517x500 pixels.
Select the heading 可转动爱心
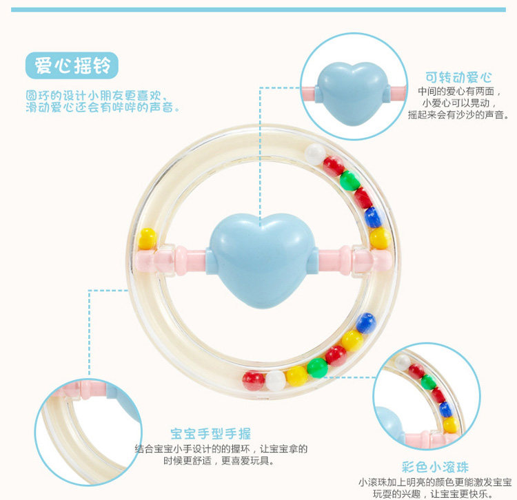[458, 77]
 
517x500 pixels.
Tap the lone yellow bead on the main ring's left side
[148, 238]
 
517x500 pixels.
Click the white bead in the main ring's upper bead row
[315, 153]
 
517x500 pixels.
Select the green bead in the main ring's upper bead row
[349, 180]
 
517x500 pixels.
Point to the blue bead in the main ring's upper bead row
[373, 218]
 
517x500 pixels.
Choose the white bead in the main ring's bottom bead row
[276, 380]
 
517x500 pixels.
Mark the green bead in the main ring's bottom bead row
[317, 367]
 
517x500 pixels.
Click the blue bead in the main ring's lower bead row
[366, 322]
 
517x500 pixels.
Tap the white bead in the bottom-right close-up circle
[403, 361]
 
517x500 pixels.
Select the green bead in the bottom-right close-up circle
[429, 382]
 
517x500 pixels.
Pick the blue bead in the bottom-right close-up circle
[447, 409]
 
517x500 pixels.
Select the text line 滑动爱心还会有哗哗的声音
[103, 108]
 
